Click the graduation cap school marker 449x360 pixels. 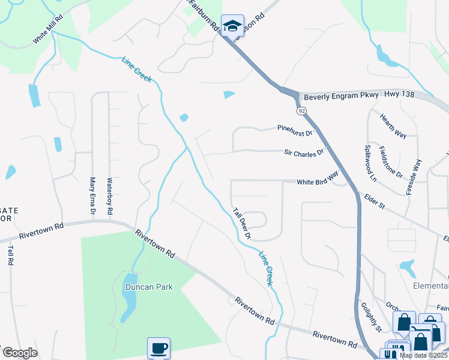[x=232, y=26]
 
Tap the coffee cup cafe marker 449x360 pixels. [x=158, y=348]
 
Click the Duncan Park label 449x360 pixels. [x=149, y=287]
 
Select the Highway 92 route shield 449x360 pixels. [x=301, y=111]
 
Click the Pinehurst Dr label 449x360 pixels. [x=295, y=130]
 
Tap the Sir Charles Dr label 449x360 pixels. [x=304, y=153]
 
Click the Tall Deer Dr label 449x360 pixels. [x=242, y=223]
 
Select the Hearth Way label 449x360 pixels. [x=393, y=125]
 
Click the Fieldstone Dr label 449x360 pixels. [x=391, y=161]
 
